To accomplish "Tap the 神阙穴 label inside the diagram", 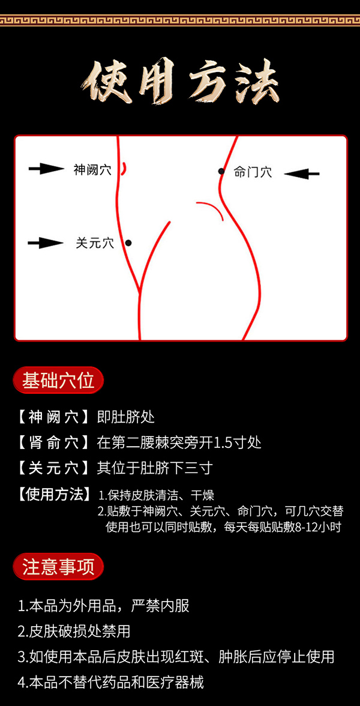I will (92, 170).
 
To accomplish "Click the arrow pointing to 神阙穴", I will (46, 169).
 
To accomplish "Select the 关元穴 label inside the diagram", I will (95, 243).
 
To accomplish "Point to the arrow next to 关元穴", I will (46, 243).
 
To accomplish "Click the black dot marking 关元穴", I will (128, 243).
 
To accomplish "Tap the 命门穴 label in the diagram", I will (253, 172).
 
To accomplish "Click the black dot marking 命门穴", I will (221, 172).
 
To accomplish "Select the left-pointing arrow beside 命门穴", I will (301, 173).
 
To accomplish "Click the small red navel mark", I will (124, 169).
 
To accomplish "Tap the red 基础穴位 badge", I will (58, 381).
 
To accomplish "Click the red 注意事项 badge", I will (58, 567).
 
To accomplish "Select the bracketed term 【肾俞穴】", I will (53, 442).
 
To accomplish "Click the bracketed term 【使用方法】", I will (53, 495).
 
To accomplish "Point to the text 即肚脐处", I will (126, 417).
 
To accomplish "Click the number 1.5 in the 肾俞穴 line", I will (225, 443).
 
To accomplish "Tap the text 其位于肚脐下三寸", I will (155, 468).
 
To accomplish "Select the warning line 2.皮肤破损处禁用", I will (74, 631).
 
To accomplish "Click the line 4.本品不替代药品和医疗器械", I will (111, 682).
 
